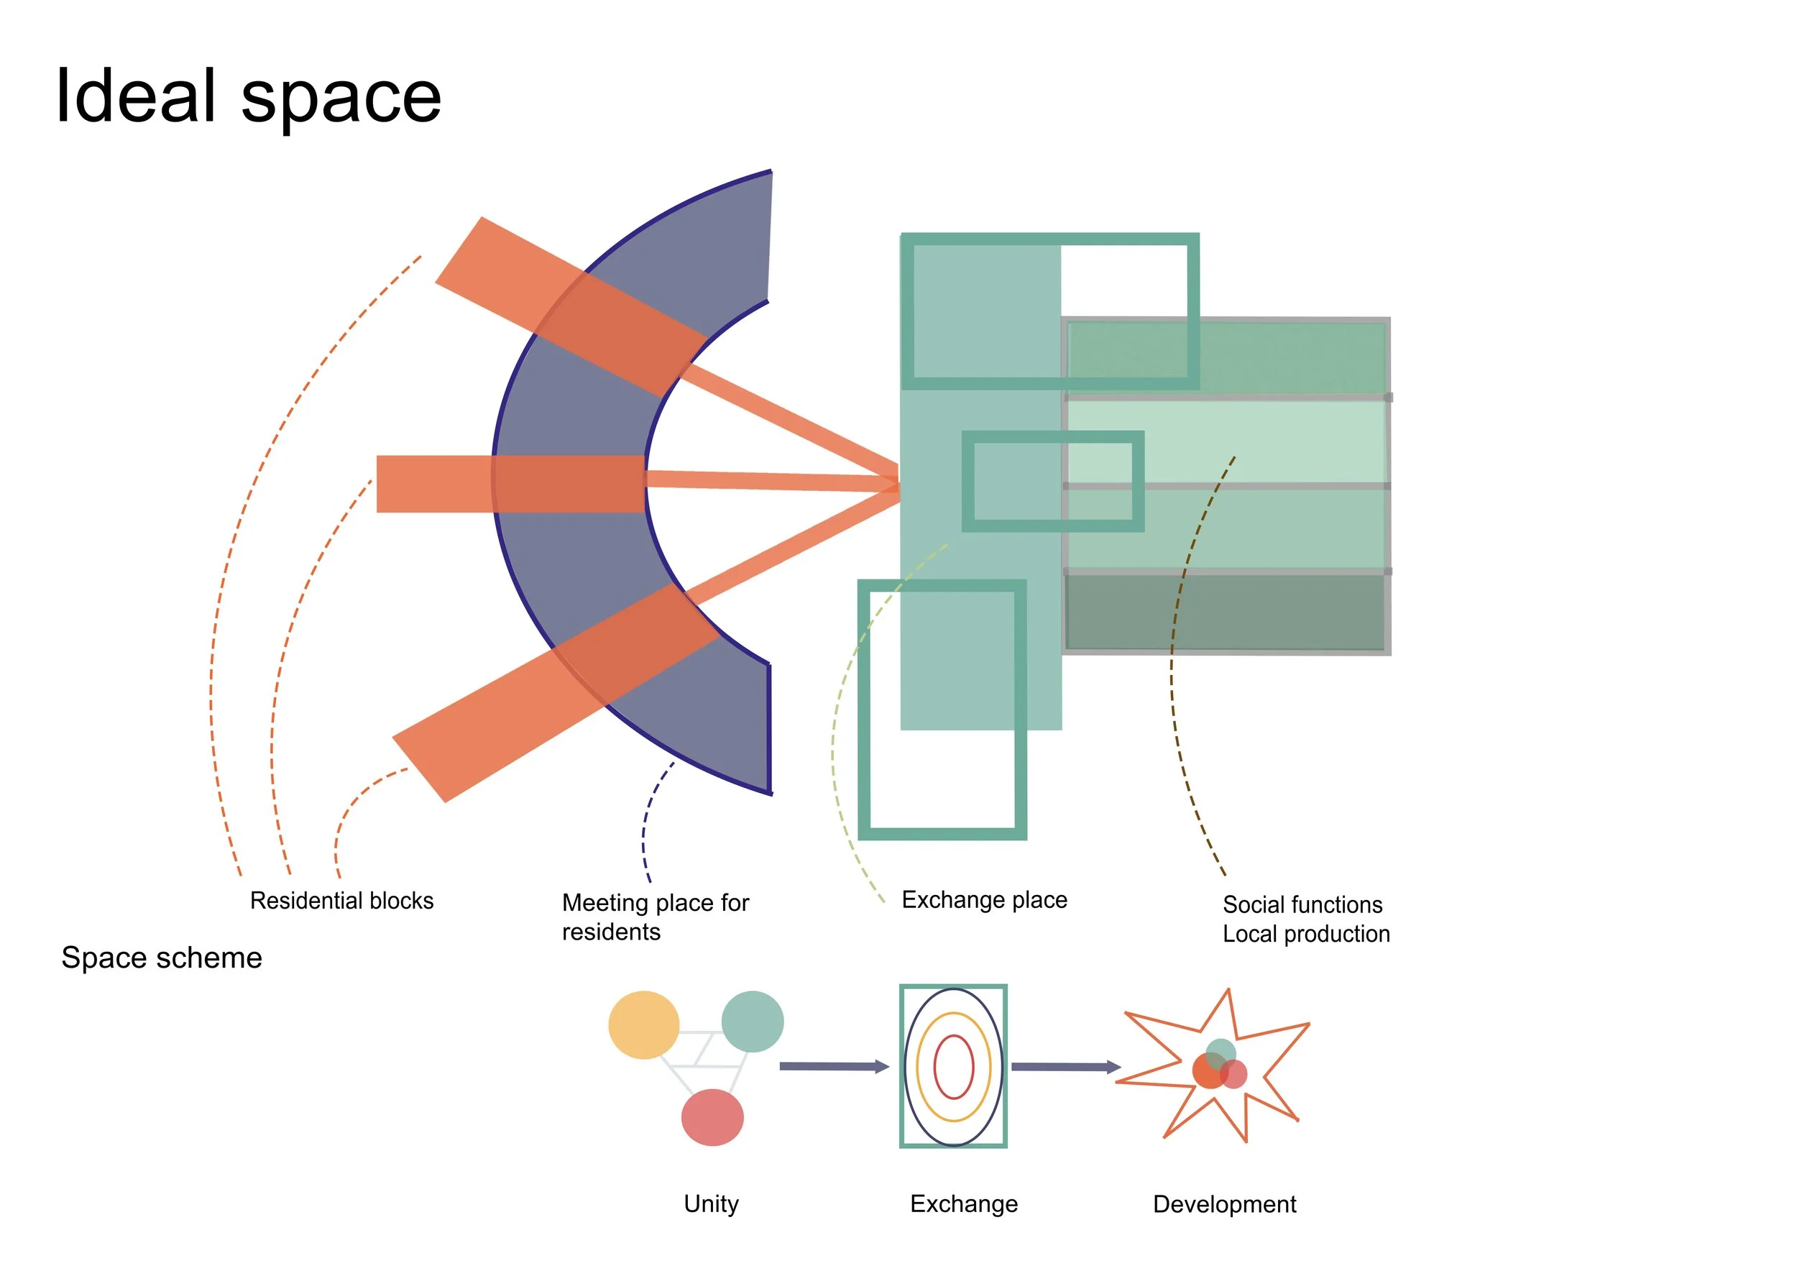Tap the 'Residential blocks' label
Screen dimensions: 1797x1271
tap(341, 901)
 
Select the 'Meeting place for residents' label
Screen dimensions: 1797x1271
tap(655, 917)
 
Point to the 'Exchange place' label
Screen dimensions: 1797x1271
tap(984, 900)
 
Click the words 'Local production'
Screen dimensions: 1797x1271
tap(1306, 934)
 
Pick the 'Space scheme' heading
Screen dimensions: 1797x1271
tap(161, 958)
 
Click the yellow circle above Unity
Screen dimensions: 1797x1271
tap(643, 1025)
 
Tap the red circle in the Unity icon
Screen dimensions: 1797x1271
tap(712, 1118)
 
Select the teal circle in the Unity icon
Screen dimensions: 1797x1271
tap(752, 1022)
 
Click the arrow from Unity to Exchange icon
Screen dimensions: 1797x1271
tap(835, 1066)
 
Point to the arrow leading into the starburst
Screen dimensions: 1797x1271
tap(1066, 1067)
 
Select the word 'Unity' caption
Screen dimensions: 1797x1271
tap(711, 1203)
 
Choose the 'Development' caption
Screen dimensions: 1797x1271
tap(1224, 1204)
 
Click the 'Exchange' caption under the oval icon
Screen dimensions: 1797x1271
tap(963, 1204)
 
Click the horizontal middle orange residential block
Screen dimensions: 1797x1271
tap(510, 485)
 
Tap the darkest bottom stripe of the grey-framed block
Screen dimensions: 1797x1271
tap(1226, 612)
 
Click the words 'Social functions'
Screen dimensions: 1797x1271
tap(1302, 905)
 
